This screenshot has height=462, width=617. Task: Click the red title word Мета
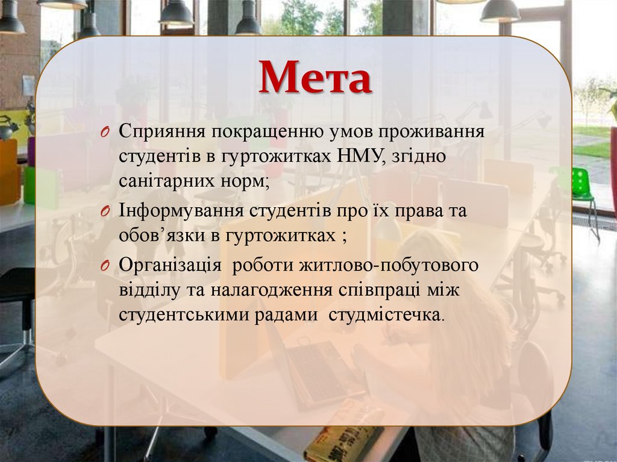point(315,78)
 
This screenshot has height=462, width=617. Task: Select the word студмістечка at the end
point(385,314)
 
